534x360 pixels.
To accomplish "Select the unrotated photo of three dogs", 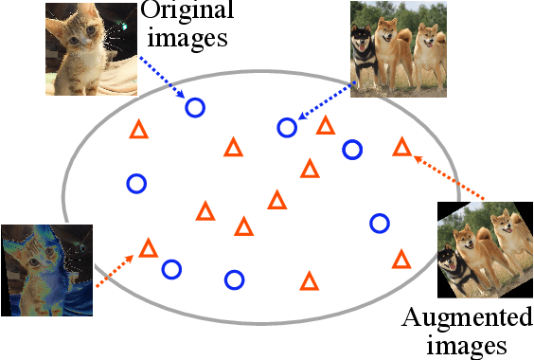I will [398, 48].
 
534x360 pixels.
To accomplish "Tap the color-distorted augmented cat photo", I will [46, 269].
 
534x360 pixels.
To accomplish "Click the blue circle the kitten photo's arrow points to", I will [194, 107].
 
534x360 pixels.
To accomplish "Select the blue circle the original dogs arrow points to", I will [287, 127].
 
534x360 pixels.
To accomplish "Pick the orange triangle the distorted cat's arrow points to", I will [148, 249].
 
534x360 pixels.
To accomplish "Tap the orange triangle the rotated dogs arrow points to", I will [401, 147].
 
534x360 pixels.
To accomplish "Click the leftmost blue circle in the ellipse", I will [136, 183].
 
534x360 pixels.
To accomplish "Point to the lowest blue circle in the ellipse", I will [234, 279].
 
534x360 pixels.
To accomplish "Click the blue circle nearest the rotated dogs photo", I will [380, 224].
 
